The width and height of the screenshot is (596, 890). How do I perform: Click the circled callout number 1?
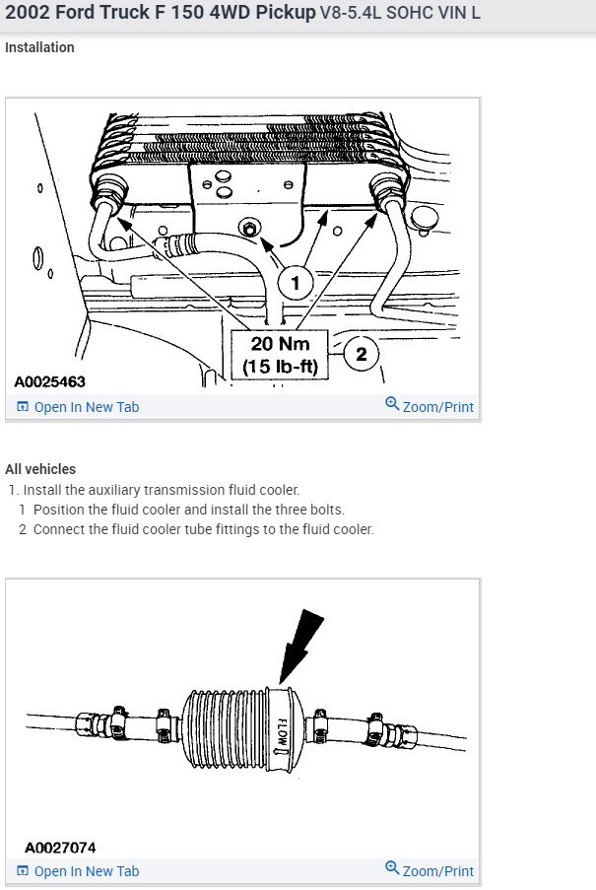pos(294,283)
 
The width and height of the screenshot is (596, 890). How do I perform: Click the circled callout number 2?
pos(361,354)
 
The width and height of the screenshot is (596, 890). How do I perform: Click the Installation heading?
pos(39,47)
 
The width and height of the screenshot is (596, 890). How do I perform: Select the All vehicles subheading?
pos(40,469)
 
